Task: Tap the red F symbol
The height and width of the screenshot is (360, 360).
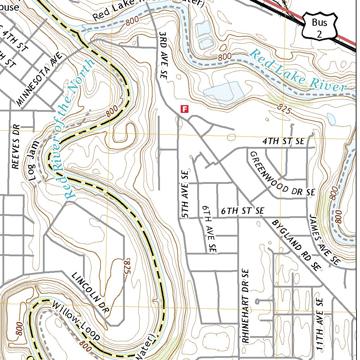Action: (x=184, y=109)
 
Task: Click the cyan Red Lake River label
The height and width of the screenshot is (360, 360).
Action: (x=298, y=71)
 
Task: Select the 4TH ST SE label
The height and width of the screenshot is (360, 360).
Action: (x=283, y=141)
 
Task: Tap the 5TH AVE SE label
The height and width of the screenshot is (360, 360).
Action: (x=185, y=194)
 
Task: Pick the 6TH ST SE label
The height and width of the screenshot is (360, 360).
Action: (x=243, y=211)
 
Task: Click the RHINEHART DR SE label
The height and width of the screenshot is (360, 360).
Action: (x=245, y=306)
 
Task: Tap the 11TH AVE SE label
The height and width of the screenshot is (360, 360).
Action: (x=320, y=324)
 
